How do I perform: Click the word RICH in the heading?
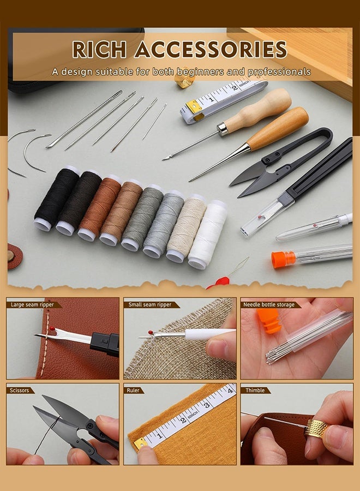pos(99,50)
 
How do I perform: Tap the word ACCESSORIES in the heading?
pos(211,50)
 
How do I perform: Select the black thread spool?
pos(56,199)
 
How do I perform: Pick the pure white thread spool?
pos(208,234)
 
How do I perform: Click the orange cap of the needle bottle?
pos(283,260)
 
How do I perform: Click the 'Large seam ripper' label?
pos(32,304)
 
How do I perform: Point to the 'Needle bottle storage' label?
pos(269,304)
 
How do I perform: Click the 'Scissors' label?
pos(20,390)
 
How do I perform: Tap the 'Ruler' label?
pos(133,390)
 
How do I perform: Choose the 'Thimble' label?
pos(255,390)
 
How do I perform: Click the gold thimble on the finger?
pos(316,428)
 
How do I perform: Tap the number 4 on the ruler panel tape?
pos(230,391)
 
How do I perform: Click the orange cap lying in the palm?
pos(269,321)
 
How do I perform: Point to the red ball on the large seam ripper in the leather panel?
pos(52,329)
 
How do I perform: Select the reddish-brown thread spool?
pos(100,208)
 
